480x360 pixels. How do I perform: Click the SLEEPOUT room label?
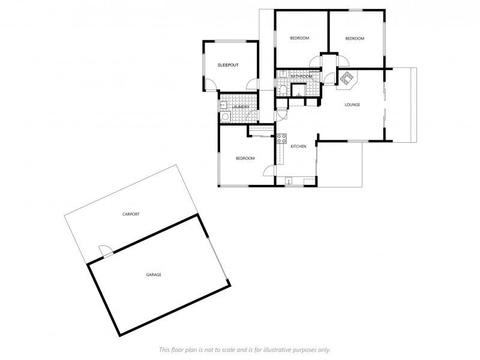click(x=228, y=65)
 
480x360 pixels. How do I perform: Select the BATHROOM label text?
click(x=301, y=77)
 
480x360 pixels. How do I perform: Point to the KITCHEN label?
click(x=298, y=146)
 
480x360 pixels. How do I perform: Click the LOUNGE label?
click(x=352, y=105)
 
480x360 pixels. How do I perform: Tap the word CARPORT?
click(x=131, y=214)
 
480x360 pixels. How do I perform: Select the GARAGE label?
click(x=154, y=275)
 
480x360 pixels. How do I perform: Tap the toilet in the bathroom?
click(x=282, y=90)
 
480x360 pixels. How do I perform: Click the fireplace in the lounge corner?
click(x=347, y=78)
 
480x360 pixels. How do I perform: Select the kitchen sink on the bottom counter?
click(x=289, y=179)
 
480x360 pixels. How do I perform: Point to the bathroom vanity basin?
click(x=281, y=75)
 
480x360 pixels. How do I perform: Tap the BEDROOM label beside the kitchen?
click(x=245, y=158)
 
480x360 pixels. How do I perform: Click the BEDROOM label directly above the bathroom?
click(x=299, y=38)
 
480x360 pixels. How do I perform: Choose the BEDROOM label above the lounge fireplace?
click(x=355, y=38)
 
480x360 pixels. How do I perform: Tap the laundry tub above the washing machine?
click(x=222, y=106)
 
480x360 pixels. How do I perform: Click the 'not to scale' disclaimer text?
click(x=244, y=350)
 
